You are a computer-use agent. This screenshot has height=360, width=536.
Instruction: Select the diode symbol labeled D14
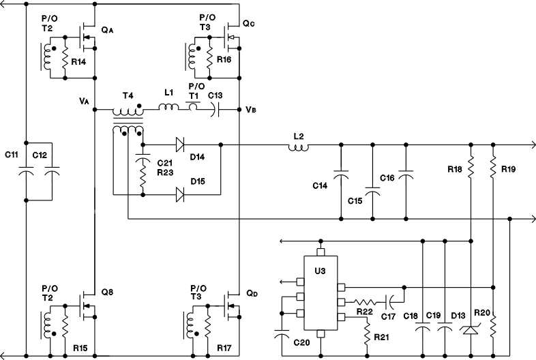tap(180, 145)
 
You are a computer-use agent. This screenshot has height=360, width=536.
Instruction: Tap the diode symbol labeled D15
tap(180, 196)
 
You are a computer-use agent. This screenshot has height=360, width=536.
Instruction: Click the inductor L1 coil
tap(168, 107)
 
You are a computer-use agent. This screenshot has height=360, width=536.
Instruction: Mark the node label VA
tap(85, 101)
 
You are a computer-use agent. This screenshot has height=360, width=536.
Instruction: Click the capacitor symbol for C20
tap(280, 335)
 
